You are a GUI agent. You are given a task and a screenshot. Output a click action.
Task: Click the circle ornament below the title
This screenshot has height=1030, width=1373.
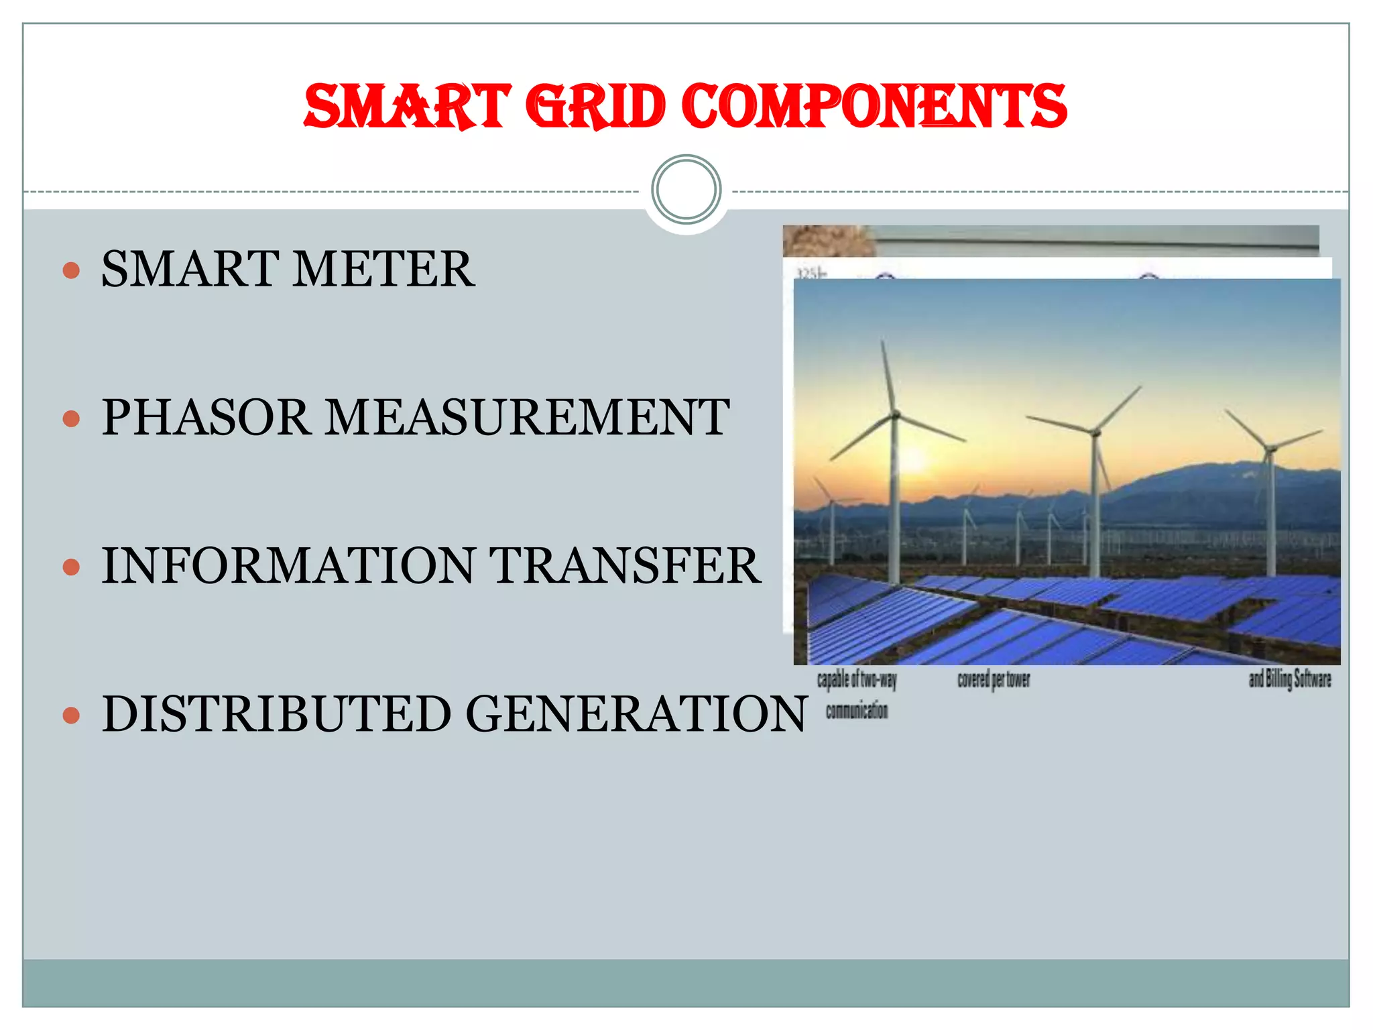tap(686, 190)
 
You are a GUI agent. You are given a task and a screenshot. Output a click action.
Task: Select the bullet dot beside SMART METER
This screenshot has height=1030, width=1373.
tap(71, 270)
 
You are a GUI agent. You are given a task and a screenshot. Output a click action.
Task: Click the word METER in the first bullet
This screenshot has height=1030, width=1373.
tap(383, 269)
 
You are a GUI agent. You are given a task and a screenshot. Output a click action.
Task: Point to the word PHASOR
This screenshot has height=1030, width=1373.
tap(206, 417)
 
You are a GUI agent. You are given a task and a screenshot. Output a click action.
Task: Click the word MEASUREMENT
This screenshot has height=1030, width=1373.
tap(528, 417)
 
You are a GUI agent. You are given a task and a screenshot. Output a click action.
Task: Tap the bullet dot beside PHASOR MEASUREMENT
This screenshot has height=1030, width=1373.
tap(71, 419)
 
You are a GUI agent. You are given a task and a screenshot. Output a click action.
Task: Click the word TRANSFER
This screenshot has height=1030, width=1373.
tap(624, 565)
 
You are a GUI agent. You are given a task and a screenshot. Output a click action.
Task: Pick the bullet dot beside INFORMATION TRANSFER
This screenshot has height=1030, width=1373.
tap(71, 567)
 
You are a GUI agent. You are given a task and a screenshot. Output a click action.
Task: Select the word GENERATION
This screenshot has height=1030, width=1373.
tap(636, 713)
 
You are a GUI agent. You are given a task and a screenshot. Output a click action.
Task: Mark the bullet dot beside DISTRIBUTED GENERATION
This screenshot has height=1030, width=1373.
tap(71, 716)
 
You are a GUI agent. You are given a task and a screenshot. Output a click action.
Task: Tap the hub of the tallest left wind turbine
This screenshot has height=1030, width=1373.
tap(895, 414)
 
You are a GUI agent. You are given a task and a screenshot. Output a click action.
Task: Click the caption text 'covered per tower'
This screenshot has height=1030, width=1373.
tap(994, 680)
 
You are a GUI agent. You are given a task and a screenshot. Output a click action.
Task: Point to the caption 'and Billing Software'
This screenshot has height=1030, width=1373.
tap(1289, 679)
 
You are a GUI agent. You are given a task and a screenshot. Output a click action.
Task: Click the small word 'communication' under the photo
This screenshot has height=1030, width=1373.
tap(857, 711)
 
